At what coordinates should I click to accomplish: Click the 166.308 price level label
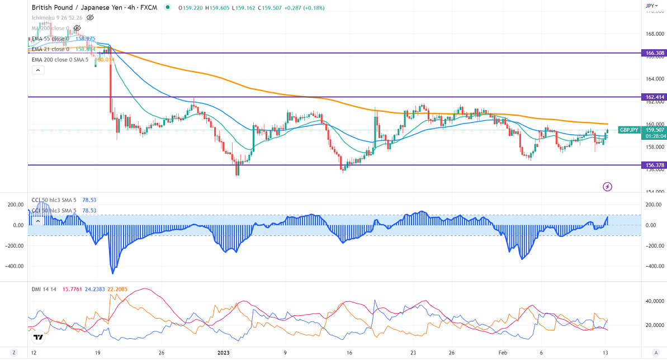tap(654, 53)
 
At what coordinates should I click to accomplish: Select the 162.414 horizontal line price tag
tap(654, 97)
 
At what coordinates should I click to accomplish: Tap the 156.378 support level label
tap(654, 165)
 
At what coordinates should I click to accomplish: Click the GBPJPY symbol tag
tap(629, 130)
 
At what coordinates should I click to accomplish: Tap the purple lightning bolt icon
tap(608, 186)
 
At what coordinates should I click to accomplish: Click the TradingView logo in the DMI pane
tap(38, 337)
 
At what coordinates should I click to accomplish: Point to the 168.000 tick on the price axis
tap(654, 34)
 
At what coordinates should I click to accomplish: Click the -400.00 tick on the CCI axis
tap(654, 266)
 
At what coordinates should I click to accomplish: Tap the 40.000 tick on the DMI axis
tap(654, 301)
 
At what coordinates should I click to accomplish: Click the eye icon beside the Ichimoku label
tap(90, 17)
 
